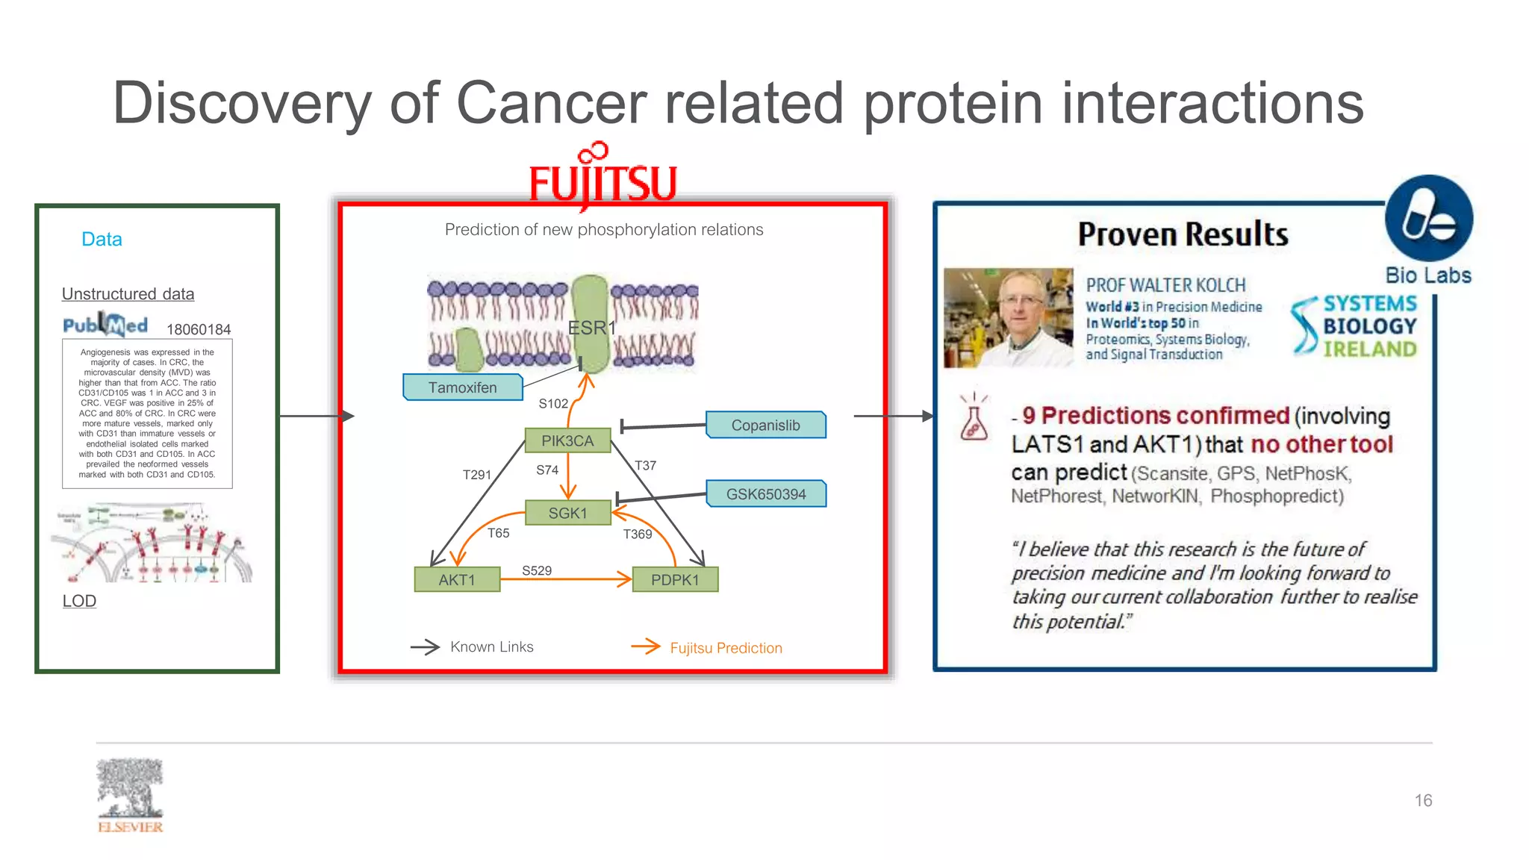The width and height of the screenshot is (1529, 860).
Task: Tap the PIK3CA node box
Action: point(567,440)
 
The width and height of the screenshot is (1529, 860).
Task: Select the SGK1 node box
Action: point(567,513)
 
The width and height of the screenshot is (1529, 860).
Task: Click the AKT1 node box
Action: point(457,579)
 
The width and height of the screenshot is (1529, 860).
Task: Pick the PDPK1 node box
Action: point(675,579)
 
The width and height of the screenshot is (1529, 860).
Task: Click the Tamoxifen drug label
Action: point(462,387)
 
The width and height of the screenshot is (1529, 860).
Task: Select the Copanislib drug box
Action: point(765,425)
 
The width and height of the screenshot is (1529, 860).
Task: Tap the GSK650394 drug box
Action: point(766,493)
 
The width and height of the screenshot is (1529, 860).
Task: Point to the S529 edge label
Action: point(537,570)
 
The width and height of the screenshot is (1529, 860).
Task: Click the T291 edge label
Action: point(477,475)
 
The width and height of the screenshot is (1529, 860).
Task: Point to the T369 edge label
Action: point(638,534)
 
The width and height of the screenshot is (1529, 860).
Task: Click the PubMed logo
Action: point(105,325)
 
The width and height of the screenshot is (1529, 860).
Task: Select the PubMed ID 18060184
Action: point(199,329)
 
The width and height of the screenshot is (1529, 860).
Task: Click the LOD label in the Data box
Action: point(79,601)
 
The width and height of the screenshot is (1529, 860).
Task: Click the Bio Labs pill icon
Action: point(1428,219)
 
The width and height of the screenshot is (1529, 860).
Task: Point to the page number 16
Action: point(1423,800)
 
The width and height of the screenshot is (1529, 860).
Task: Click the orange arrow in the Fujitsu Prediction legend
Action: point(646,646)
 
